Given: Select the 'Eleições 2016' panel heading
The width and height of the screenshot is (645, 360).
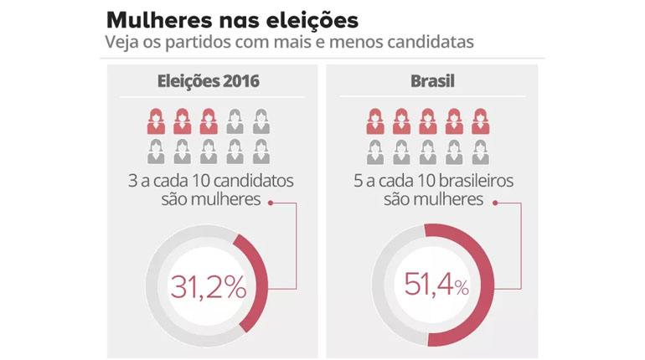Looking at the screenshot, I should (209, 82).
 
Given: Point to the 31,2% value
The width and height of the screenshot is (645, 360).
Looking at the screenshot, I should (209, 287).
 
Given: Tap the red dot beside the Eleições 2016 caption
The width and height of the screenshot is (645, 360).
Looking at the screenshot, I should (270, 201).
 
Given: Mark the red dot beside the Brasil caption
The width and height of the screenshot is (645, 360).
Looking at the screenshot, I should (495, 201).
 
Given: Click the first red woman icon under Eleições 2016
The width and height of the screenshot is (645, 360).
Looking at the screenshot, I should (155, 121).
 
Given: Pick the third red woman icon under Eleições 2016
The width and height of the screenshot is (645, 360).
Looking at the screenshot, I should (209, 121).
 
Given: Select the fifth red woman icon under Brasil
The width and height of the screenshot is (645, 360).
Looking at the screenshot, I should (480, 121).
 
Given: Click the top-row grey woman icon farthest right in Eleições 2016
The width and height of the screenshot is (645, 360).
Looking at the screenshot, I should (261, 121).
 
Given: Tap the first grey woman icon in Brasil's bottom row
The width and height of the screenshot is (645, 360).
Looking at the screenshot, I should (374, 152).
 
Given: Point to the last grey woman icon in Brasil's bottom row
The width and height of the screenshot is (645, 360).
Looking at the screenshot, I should (480, 152).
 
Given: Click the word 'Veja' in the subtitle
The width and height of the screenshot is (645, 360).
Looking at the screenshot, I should (122, 41).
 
